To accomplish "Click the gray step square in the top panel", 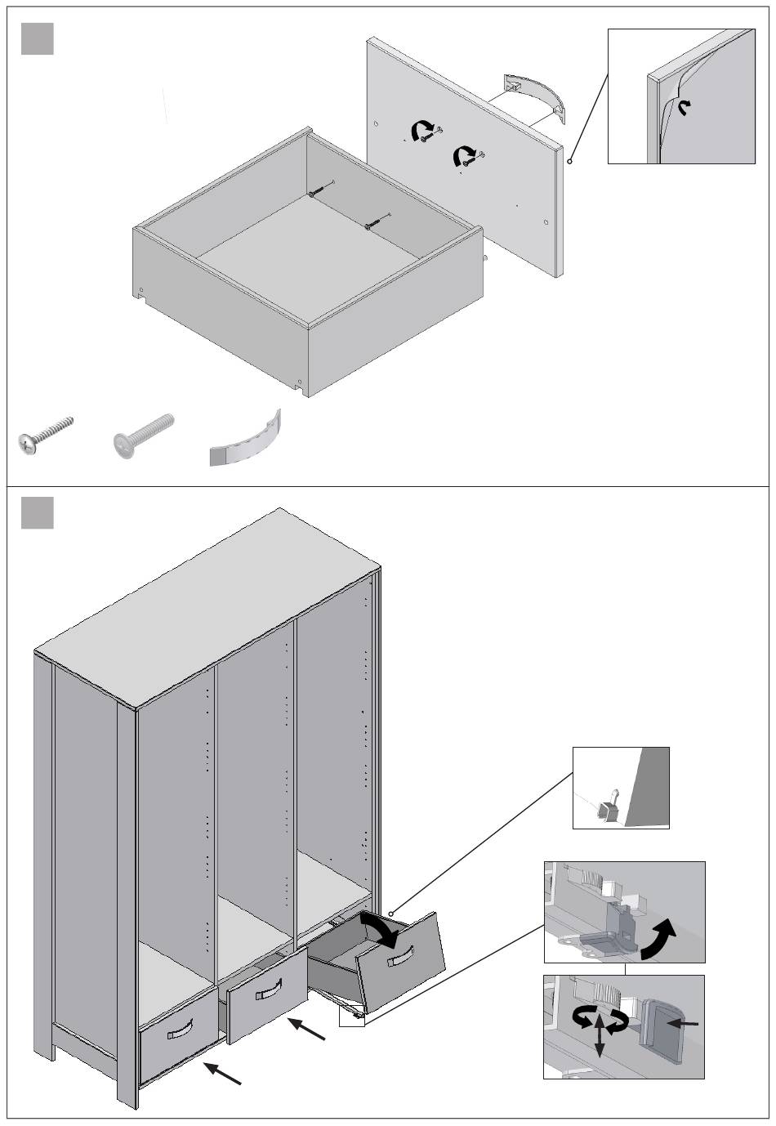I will click(37, 39).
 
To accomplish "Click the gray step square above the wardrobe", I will click(37, 512).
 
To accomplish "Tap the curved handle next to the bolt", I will click(246, 442).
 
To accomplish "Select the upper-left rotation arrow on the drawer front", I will click(422, 129).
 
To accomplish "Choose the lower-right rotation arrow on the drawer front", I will click(466, 154).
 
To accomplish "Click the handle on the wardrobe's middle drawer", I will click(269, 992).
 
